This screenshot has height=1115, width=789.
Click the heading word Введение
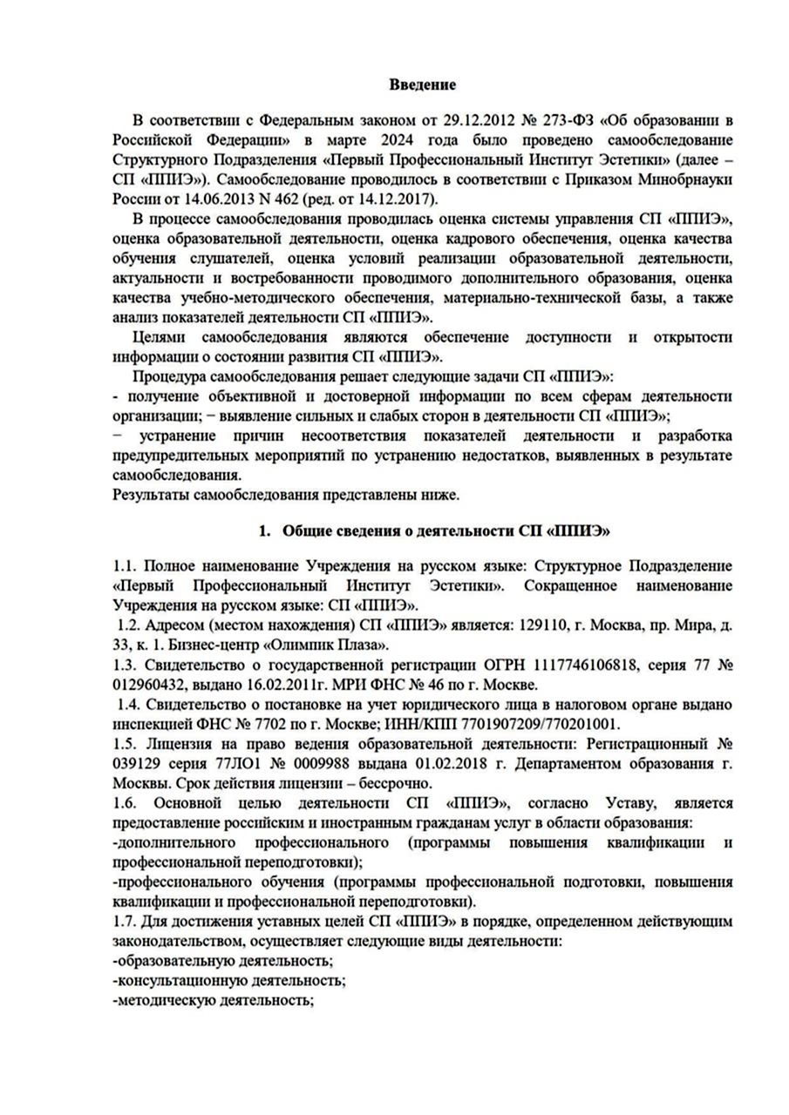422,85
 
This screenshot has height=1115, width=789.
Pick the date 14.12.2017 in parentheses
338,199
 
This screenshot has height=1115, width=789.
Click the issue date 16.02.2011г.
281,686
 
